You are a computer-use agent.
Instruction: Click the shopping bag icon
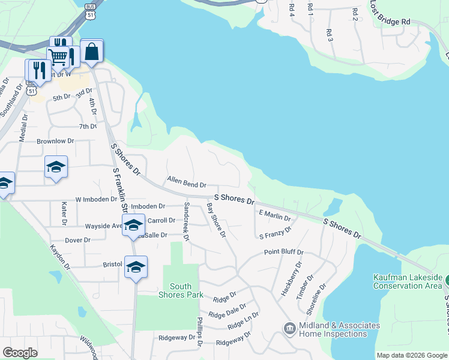coord(92,52)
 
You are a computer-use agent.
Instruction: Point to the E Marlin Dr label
coord(274,215)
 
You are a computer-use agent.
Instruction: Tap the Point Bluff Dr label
coord(284,253)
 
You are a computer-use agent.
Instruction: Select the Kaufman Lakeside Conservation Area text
coord(407,281)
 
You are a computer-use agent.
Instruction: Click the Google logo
coord(20,353)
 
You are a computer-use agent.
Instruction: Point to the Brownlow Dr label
coord(55,141)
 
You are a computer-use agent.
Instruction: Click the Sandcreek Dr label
coord(186,221)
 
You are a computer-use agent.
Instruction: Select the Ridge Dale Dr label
coord(228,311)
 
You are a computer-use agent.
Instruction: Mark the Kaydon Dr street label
coord(60,256)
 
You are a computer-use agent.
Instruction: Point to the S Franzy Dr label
coord(275,232)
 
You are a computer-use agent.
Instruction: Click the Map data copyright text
coord(411,355)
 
